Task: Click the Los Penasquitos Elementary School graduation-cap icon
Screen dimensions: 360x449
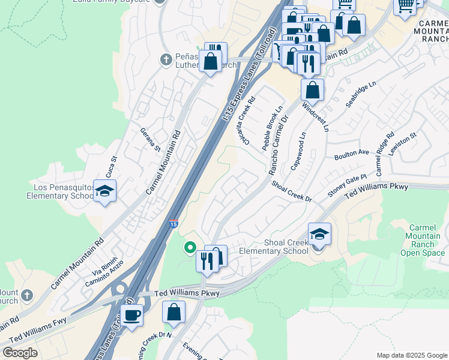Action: tap(105, 191)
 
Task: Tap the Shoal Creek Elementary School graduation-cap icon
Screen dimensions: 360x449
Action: tap(319, 234)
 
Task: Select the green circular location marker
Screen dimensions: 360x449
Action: tap(190, 247)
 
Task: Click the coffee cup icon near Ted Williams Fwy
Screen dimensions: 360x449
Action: tap(131, 315)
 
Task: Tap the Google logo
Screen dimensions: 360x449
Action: tap(20, 353)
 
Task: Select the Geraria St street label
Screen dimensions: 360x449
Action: tap(151, 139)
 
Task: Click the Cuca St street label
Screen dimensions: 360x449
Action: tap(111, 166)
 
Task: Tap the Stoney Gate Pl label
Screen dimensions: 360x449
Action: tap(347, 185)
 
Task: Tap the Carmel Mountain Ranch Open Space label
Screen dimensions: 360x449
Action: tap(426, 240)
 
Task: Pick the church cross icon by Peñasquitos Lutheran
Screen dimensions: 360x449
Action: tap(166, 59)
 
